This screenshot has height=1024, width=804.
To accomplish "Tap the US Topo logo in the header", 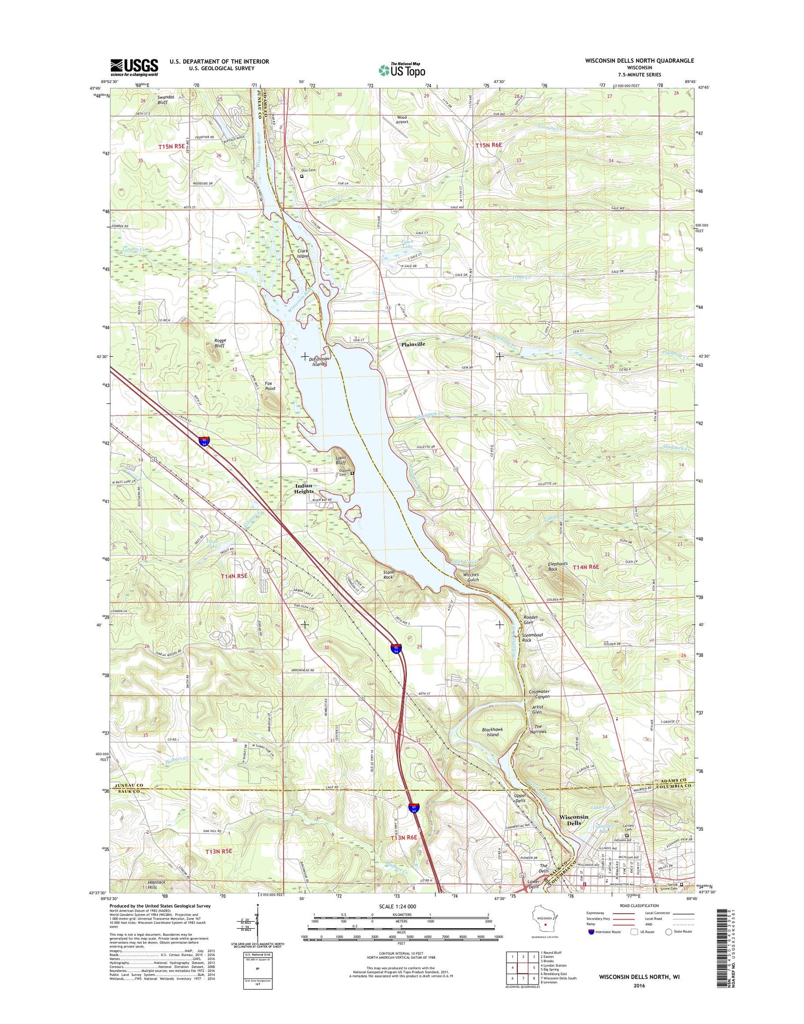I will [402, 70].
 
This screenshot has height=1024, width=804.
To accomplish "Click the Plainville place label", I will [413, 344].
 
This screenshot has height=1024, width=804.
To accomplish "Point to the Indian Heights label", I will [303, 488].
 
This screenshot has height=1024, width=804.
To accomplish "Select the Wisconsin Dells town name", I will [574, 820].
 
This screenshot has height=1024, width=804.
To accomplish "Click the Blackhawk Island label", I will [492, 732].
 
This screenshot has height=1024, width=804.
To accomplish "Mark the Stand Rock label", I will [389, 575].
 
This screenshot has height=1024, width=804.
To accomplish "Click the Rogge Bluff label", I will [220, 343].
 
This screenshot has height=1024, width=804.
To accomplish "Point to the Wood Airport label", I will [402, 119].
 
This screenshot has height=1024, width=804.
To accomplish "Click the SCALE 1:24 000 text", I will [401, 906].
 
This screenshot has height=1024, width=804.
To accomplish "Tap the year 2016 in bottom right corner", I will [639, 985].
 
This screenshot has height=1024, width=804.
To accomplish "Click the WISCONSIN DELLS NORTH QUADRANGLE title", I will [639, 61].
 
